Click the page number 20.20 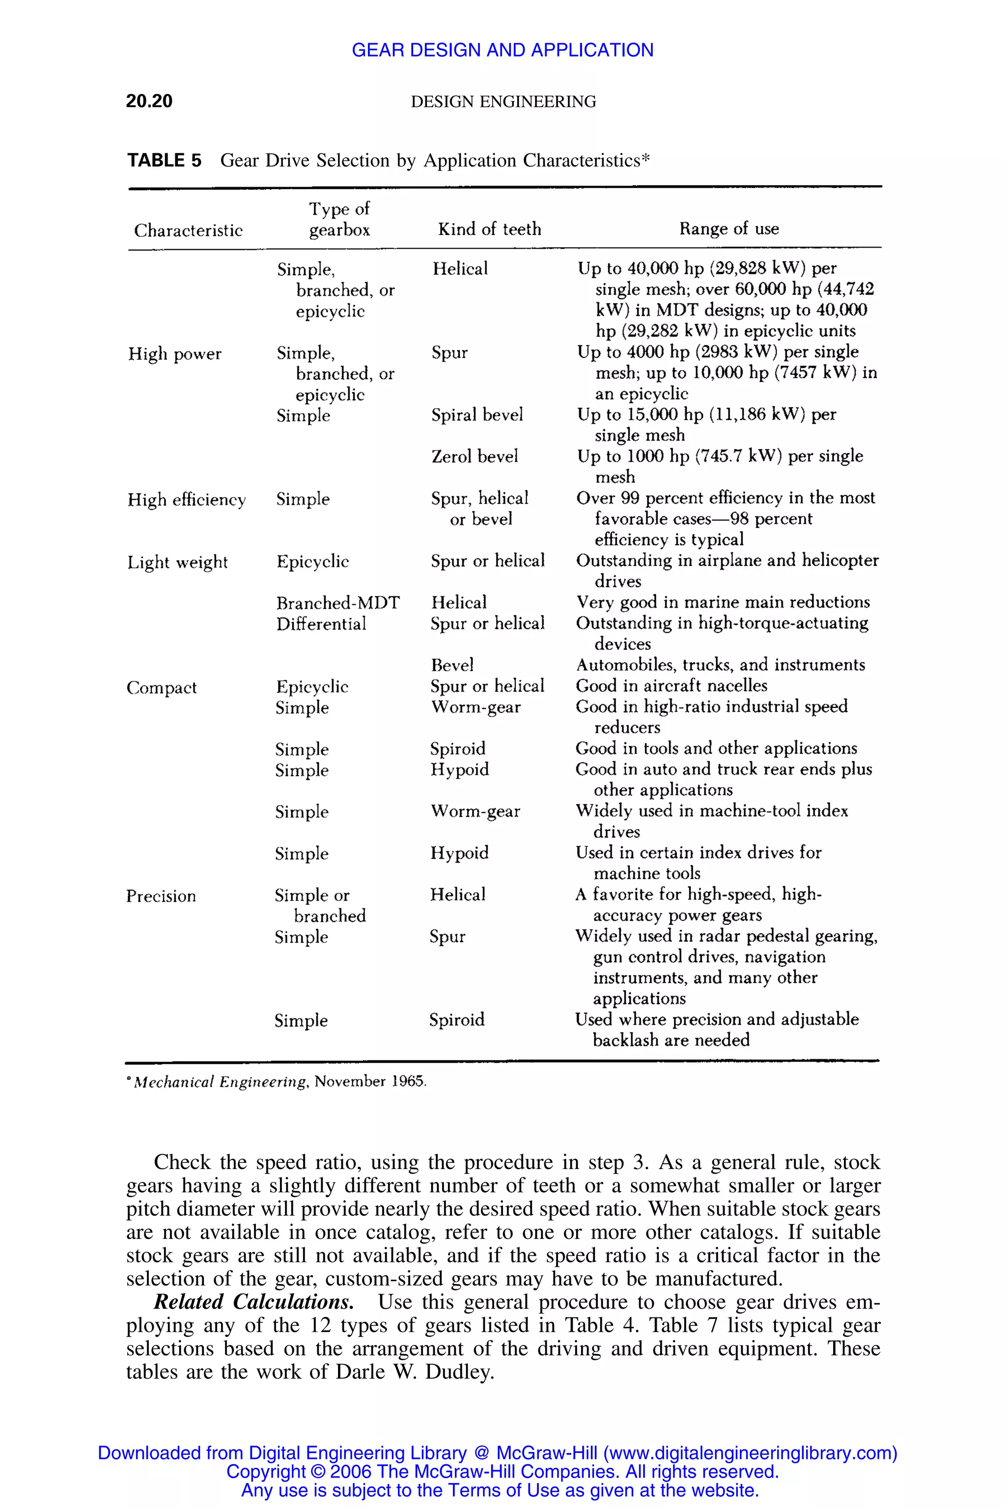coord(149,101)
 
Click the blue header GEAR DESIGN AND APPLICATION coord(503,50)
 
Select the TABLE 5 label coord(164,161)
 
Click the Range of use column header coord(729,229)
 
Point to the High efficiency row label coord(186,499)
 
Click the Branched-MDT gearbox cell coord(337,602)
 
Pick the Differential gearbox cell coord(321,624)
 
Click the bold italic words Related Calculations coord(253,1302)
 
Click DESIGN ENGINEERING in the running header coord(503,101)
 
